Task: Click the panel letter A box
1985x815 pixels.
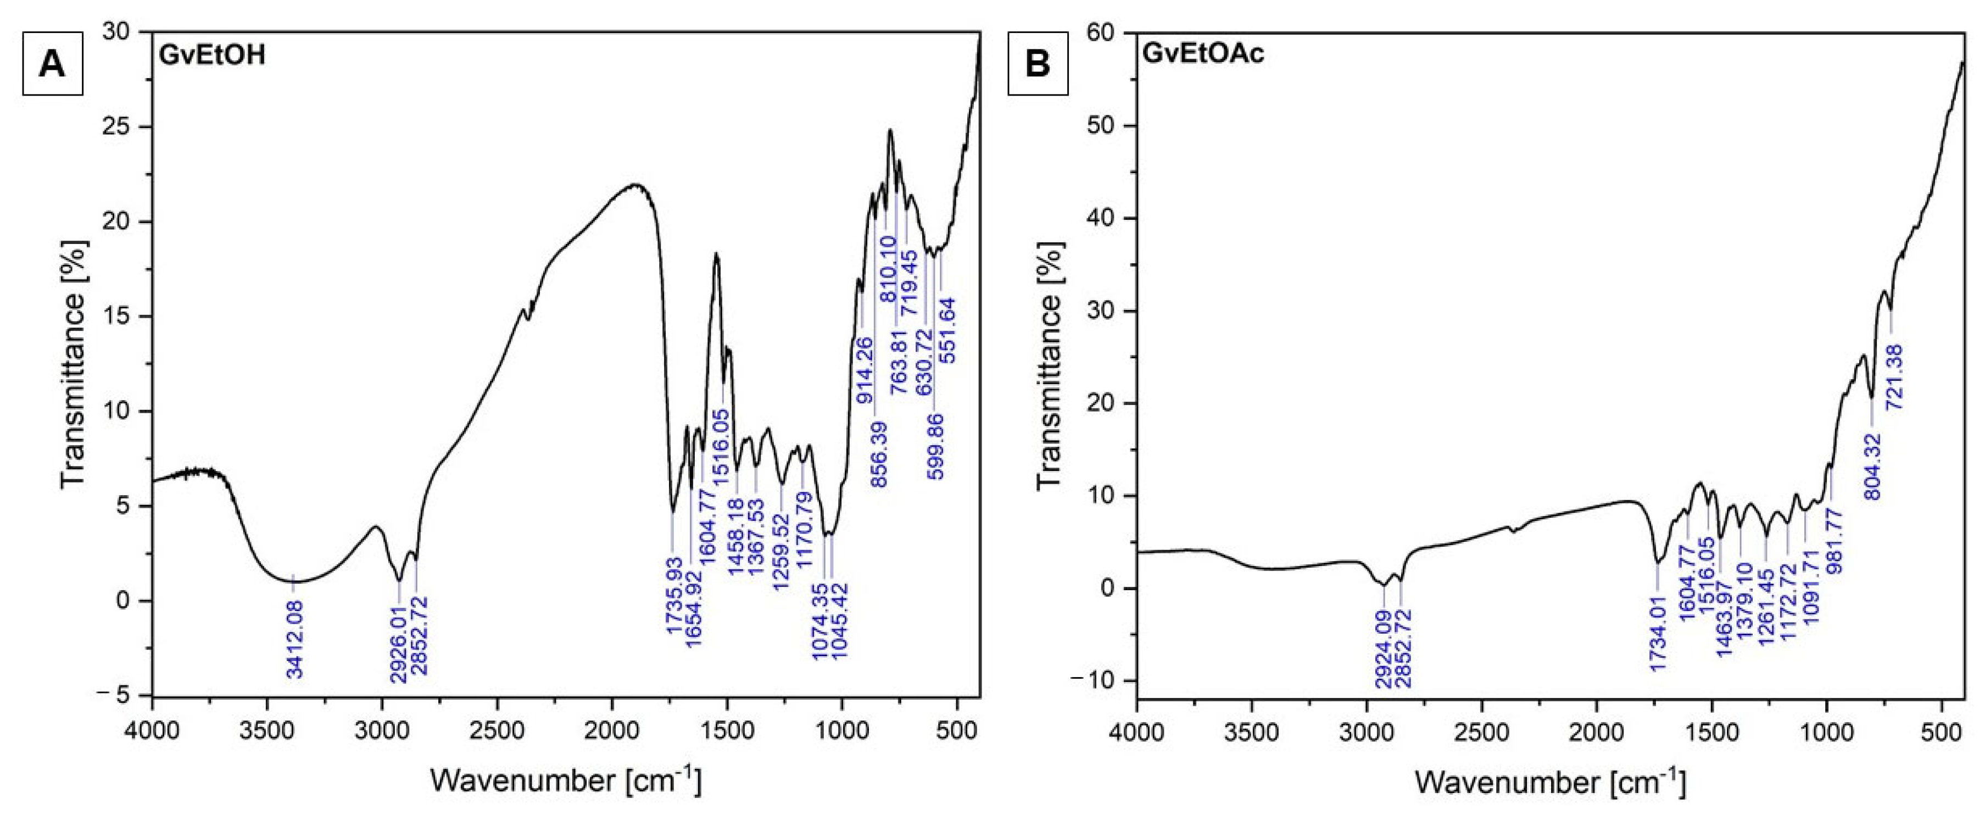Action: point(52,63)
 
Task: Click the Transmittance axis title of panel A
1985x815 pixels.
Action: point(75,364)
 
